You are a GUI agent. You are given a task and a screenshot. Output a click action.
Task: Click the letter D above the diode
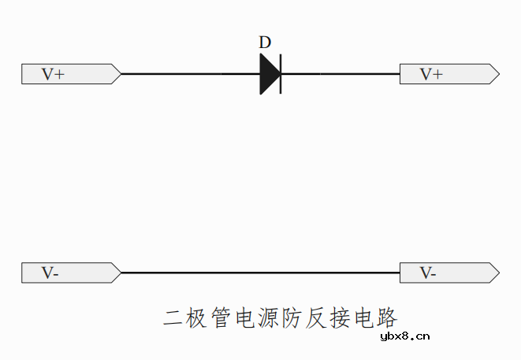(265, 43)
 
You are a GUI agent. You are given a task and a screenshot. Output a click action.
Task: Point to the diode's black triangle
(269, 74)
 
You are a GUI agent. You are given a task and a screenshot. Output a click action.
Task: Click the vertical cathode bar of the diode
(281, 74)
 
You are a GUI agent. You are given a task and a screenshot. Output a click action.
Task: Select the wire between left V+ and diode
(189, 74)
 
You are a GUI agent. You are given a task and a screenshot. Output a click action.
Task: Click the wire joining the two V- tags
(260, 273)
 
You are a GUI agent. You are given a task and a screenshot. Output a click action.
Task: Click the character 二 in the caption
(173, 318)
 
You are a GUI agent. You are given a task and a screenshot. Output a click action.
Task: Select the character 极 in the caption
(197, 318)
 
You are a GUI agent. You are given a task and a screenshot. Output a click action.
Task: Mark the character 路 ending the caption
(388, 318)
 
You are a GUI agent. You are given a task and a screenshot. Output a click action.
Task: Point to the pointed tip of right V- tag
(498, 273)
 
